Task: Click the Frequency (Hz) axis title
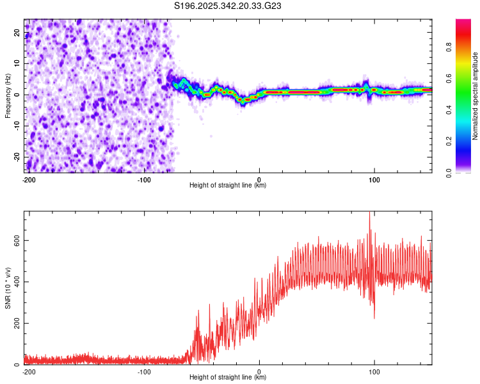8,95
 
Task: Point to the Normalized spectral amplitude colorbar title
476,95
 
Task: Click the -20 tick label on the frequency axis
17,157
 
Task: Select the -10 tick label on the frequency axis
17,126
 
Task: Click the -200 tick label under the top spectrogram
28,179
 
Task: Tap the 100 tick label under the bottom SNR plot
374,371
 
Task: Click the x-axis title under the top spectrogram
228,186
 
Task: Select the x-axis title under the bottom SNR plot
228,378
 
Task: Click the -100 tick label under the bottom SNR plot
143,371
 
